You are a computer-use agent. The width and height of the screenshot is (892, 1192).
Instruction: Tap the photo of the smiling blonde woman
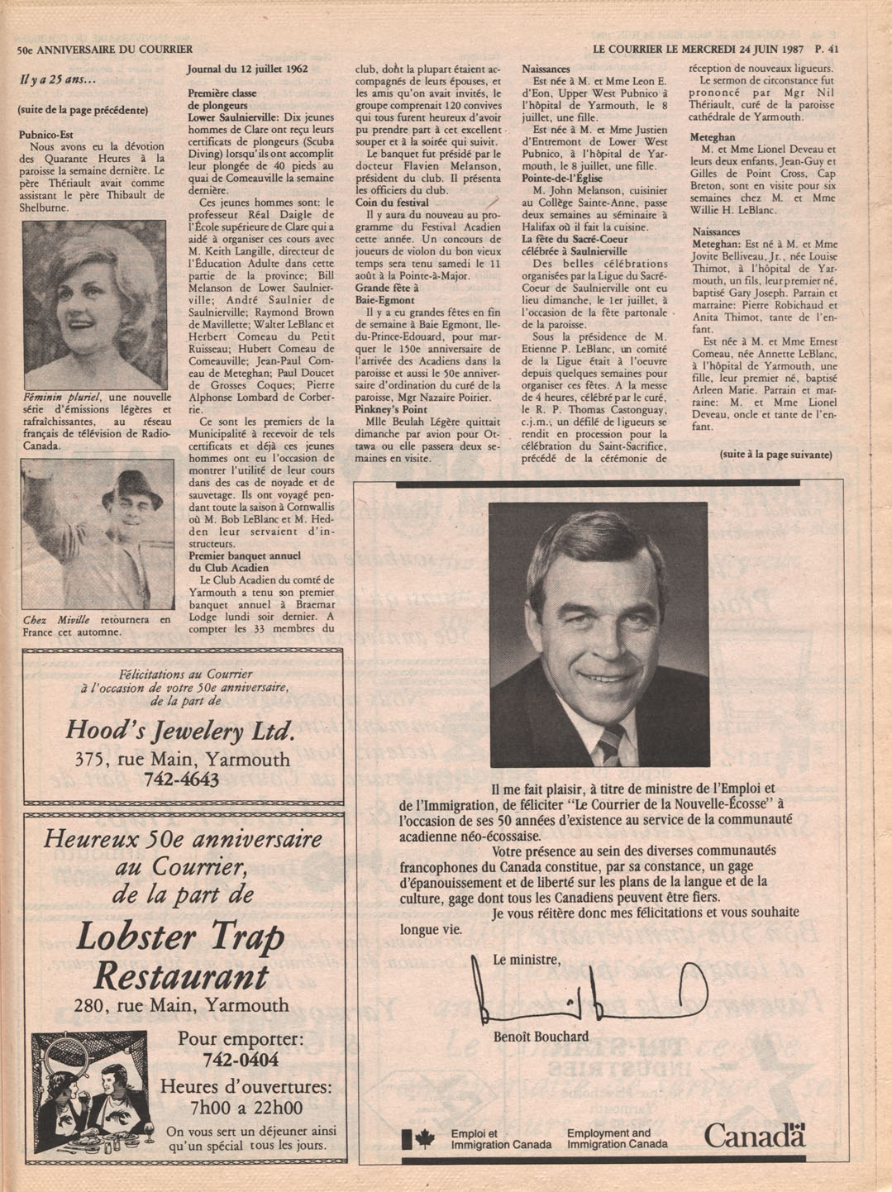tap(93, 305)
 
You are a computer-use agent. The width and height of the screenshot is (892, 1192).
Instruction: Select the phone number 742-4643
tap(181, 780)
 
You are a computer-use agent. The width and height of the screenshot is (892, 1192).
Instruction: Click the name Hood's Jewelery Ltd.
tap(180, 731)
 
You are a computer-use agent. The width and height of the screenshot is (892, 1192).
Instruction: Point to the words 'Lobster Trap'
tap(180, 936)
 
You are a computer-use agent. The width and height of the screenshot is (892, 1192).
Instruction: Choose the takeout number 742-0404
tap(241, 1061)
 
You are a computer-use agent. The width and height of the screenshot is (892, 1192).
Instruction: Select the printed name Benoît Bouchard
tap(541, 1037)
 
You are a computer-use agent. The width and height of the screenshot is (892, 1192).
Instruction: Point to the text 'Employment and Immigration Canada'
tap(617, 1139)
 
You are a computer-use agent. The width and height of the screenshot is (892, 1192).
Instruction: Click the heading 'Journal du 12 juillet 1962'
tap(247, 69)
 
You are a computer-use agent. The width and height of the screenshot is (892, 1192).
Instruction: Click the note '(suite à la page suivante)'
tap(775, 455)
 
